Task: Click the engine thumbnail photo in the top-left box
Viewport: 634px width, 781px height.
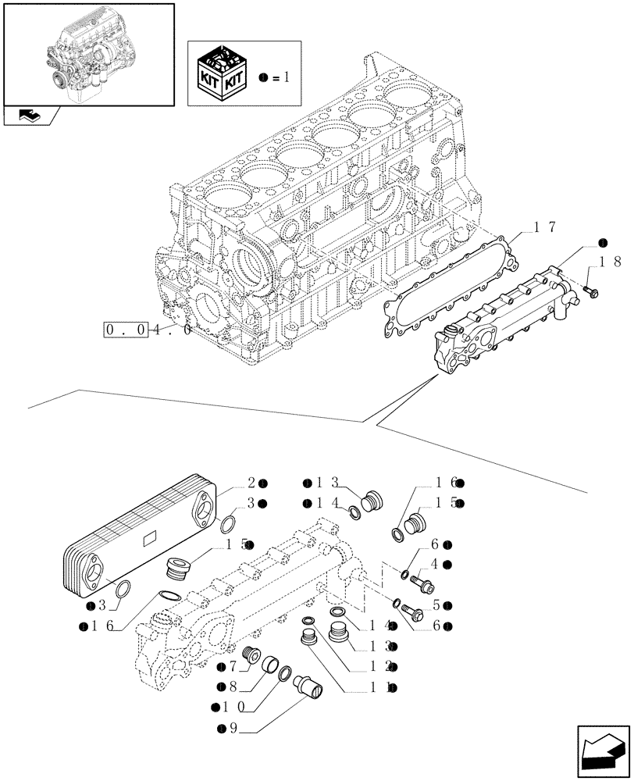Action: [x=87, y=53]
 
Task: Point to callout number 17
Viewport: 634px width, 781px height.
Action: [x=543, y=227]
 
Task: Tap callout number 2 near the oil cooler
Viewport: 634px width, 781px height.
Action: [x=252, y=483]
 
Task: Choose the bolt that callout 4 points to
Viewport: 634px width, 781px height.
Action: [x=423, y=582]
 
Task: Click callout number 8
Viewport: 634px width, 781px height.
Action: [x=233, y=686]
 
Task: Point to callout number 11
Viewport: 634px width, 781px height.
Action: [x=381, y=687]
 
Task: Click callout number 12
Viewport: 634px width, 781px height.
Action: [x=381, y=667]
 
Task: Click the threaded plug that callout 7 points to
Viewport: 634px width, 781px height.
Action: [x=254, y=658]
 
